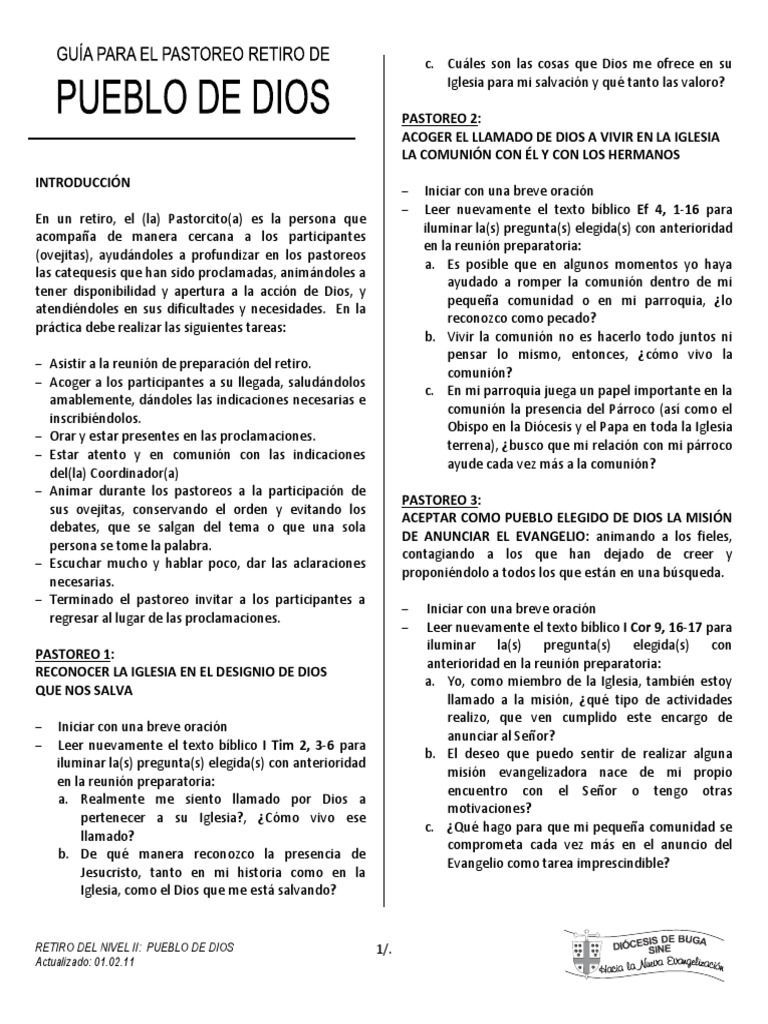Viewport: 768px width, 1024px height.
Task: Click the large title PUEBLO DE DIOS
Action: click(191, 98)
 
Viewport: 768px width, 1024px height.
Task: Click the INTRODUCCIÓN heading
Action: click(84, 184)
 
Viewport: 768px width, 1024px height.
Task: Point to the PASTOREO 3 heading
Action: click(441, 499)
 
